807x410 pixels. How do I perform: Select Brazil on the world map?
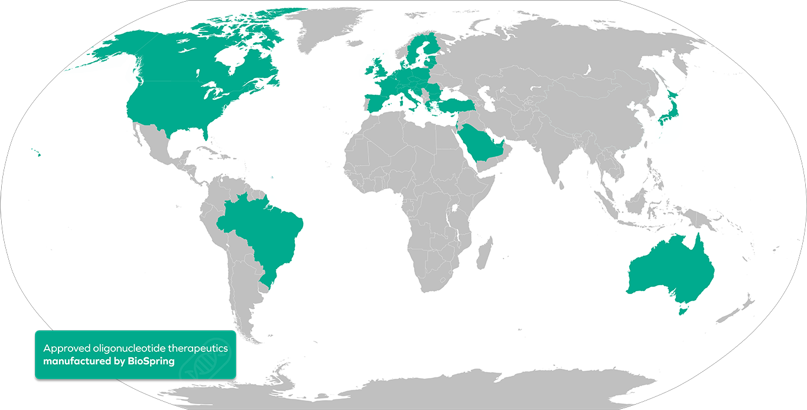266,231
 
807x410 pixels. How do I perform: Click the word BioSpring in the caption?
151,361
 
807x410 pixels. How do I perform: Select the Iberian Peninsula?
378,101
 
